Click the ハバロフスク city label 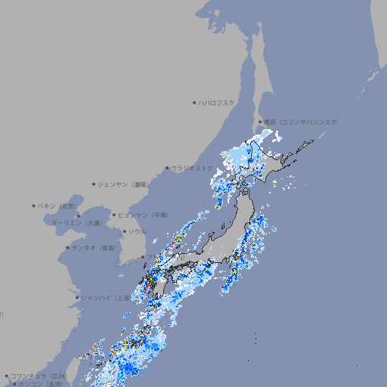pyautogui.click(x=217, y=103)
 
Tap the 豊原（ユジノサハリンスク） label pyautogui.click(x=300, y=122)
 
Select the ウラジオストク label pyautogui.click(x=193, y=168)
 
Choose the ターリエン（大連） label pyautogui.click(x=76, y=223)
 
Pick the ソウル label pyautogui.click(x=137, y=231)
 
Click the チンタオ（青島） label pyautogui.click(x=93, y=247)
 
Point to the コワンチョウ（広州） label pyautogui.click(x=38, y=376)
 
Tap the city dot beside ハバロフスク pyautogui.click(x=194, y=103)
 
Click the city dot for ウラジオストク pyautogui.click(x=167, y=168)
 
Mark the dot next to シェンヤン pyautogui.click(x=94, y=184)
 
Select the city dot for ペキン pyautogui.click(x=34, y=206)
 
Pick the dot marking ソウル pyautogui.click(x=124, y=231)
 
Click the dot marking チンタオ pyautogui.click(x=67, y=247)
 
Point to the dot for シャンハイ pyautogui.click(x=77, y=297)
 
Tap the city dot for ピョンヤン pyautogui.click(x=115, y=215)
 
